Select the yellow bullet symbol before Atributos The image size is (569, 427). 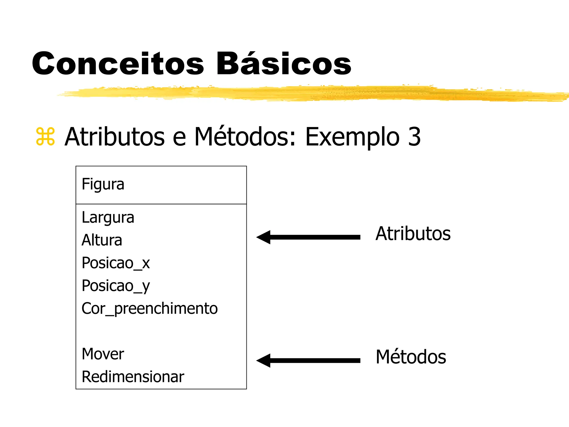click(x=45, y=137)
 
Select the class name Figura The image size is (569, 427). click(x=103, y=185)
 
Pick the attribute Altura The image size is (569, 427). click(x=102, y=240)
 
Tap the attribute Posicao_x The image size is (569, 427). click(x=116, y=263)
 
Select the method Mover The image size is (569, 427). click(x=103, y=354)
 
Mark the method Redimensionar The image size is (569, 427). click(x=133, y=377)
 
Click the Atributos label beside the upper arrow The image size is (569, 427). click(x=413, y=234)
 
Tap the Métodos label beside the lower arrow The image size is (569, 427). click(x=411, y=357)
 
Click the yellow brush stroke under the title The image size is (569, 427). click(x=306, y=93)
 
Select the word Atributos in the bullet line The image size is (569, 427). click(x=114, y=137)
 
